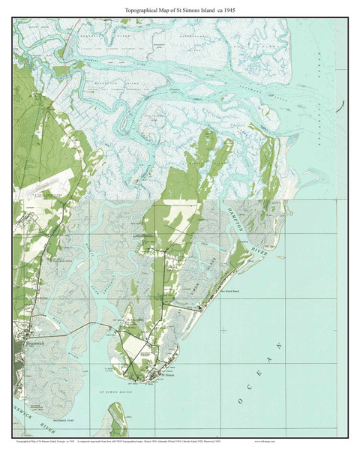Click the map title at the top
click(180, 9)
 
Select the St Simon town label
click(171, 377)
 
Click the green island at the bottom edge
click(116, 420)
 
